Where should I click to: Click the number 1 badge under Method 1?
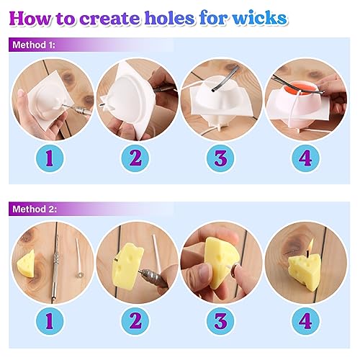pyautogui.click(x=48, y=158)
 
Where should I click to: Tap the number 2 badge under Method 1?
pyautogui.click(x=135, y=158)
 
